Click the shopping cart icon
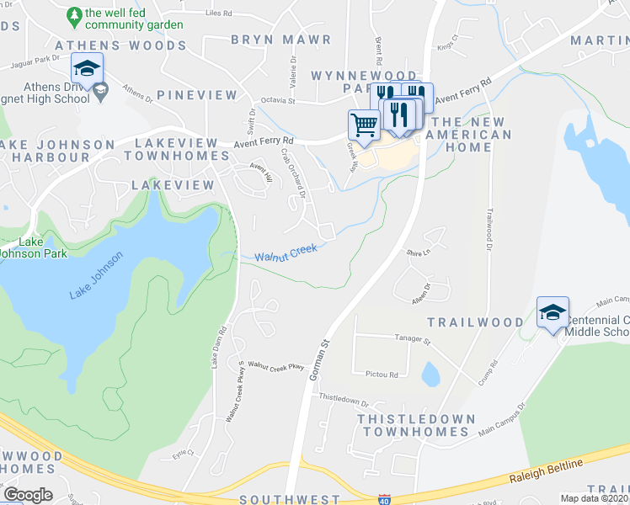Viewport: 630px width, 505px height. (364, 125)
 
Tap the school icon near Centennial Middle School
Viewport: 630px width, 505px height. (553, 313)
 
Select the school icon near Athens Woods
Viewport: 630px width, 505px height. (87, 68)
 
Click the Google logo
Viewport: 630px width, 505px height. (28, 495)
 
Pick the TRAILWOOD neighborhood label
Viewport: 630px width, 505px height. (475, 322)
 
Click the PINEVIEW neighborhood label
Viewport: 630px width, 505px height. (197, 95)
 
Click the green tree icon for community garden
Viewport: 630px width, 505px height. (74, 14)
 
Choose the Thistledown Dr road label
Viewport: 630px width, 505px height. (344, 401)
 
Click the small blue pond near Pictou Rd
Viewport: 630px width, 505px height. (430, 373)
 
